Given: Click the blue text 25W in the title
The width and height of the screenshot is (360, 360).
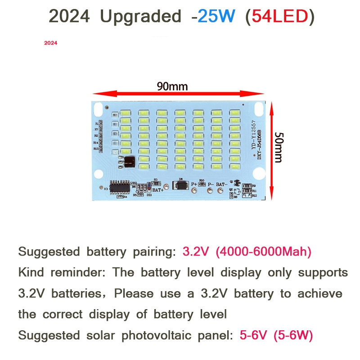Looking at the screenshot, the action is coord(216,17).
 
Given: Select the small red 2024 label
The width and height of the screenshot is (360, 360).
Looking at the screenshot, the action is coord(50,44).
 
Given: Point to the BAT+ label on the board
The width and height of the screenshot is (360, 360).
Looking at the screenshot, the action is coord(158,190).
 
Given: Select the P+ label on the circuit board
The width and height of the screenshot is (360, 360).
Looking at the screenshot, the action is coord(194,184).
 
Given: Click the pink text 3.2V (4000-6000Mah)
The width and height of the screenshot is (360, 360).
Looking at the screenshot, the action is coord(247,252).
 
